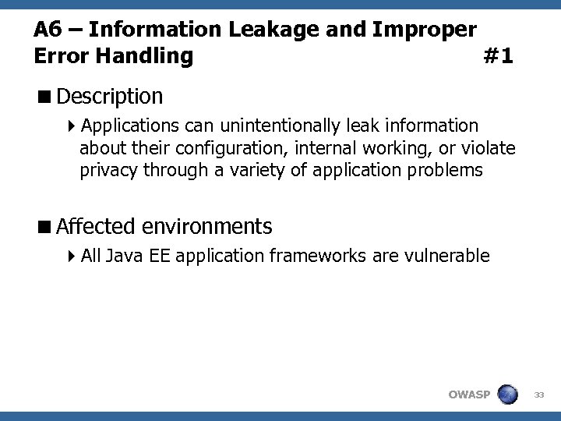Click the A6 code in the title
48,30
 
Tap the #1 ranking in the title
498,56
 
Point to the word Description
110,97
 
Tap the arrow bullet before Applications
72,126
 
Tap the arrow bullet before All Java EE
72,256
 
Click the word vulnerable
448,256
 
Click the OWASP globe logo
507,394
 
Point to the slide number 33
538,394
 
